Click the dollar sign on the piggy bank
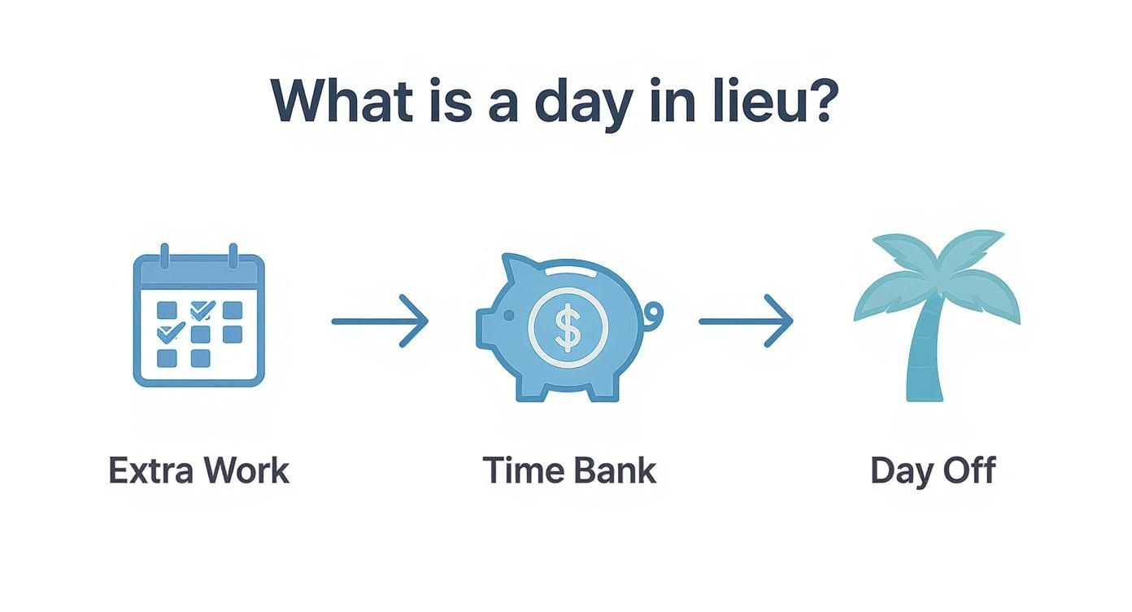click(567, 326)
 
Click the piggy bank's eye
click(509, 314)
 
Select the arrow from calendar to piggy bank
click(380, 321)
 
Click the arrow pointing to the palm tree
click(745, 321)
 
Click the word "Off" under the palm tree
click(968, 471)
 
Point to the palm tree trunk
click(924, 358)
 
